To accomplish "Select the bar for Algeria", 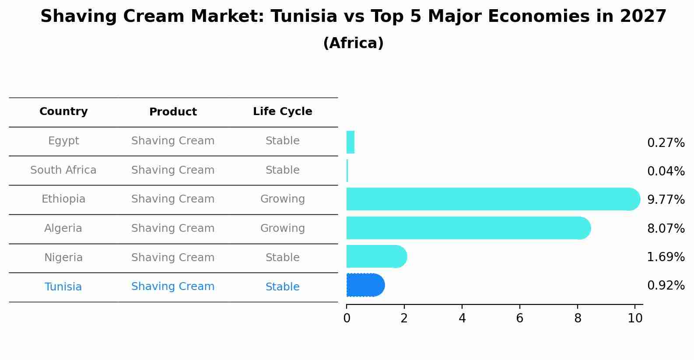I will click(x=468, y=228).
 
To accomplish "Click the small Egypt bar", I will click(x=350, y=142).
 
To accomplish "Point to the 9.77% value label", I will click(x=666, y=200).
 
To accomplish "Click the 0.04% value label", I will click(x=666, y=171).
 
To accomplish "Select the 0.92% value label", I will click(x=666, y=286).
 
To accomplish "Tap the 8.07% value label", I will click(x=666, y=228).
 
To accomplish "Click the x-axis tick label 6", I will click(x=519, y=318).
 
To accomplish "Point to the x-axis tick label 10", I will click(x=635, y=318).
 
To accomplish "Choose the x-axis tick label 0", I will click(x=347, y=318).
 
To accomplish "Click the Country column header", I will click(x=63, y=112).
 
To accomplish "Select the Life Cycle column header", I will click(x=282, y=112).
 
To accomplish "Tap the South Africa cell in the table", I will click(x=63, y=170).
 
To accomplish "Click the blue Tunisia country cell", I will click(x=63, y=287).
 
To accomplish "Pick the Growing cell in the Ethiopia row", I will click(x=282, y=199).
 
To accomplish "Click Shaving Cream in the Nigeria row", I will click(x=173, y=258).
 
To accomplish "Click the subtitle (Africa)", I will click(x=353, y=43).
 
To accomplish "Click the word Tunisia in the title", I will click(x=304, y=17).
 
